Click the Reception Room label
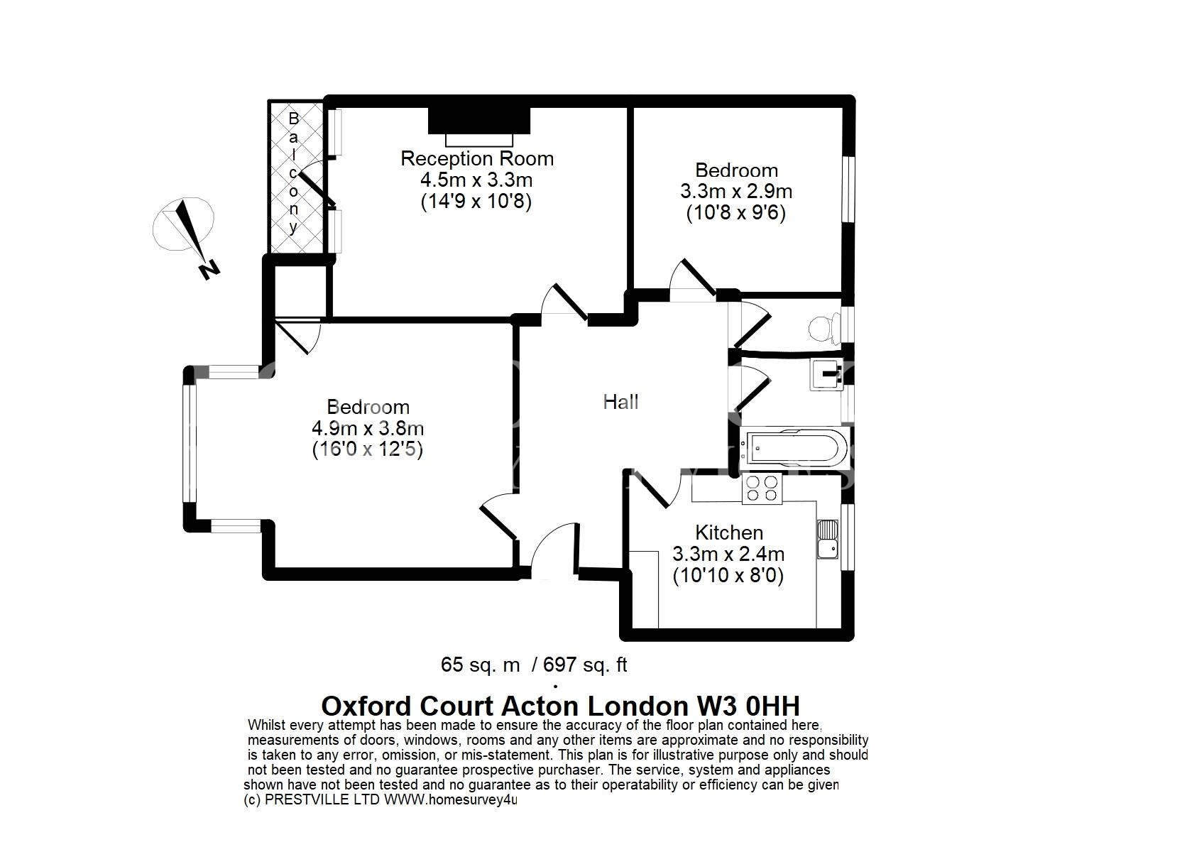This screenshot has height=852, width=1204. click(477, 158)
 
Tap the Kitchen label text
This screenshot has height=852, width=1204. click(729, 532)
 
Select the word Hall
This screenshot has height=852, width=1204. click(620, 402)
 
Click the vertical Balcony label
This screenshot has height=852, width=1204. click(293, 173)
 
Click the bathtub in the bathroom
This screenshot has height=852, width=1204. click(794, 448)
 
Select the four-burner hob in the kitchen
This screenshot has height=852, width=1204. click(762, 489)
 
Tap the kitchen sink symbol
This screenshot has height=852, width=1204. click(828, 539)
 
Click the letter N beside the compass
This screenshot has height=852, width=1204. click(209, 270)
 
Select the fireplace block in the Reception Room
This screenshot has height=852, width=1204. click(479, 121)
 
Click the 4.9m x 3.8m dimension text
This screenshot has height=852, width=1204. click(368, 428)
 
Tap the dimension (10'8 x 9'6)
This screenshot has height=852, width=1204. click(736, 214)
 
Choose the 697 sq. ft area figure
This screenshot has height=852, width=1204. click(585, 665)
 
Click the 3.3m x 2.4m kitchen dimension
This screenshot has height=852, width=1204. click(728, 554)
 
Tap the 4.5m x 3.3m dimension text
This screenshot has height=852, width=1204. click(477, 180)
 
